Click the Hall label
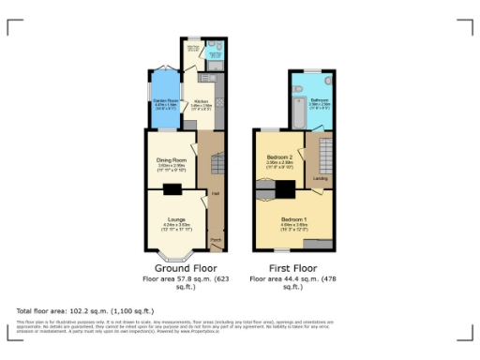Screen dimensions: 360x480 [x=215, y=193]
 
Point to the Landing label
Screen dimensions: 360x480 [x=320, y=177]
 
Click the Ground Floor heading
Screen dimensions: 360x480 [x=181, y=268]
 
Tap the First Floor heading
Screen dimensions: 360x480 [x=291, y=268]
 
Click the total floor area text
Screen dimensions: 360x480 [x=84, y=310]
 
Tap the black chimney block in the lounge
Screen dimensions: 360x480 [x=172, y=189]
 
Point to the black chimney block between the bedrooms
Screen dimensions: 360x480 [x=284, y=189]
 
